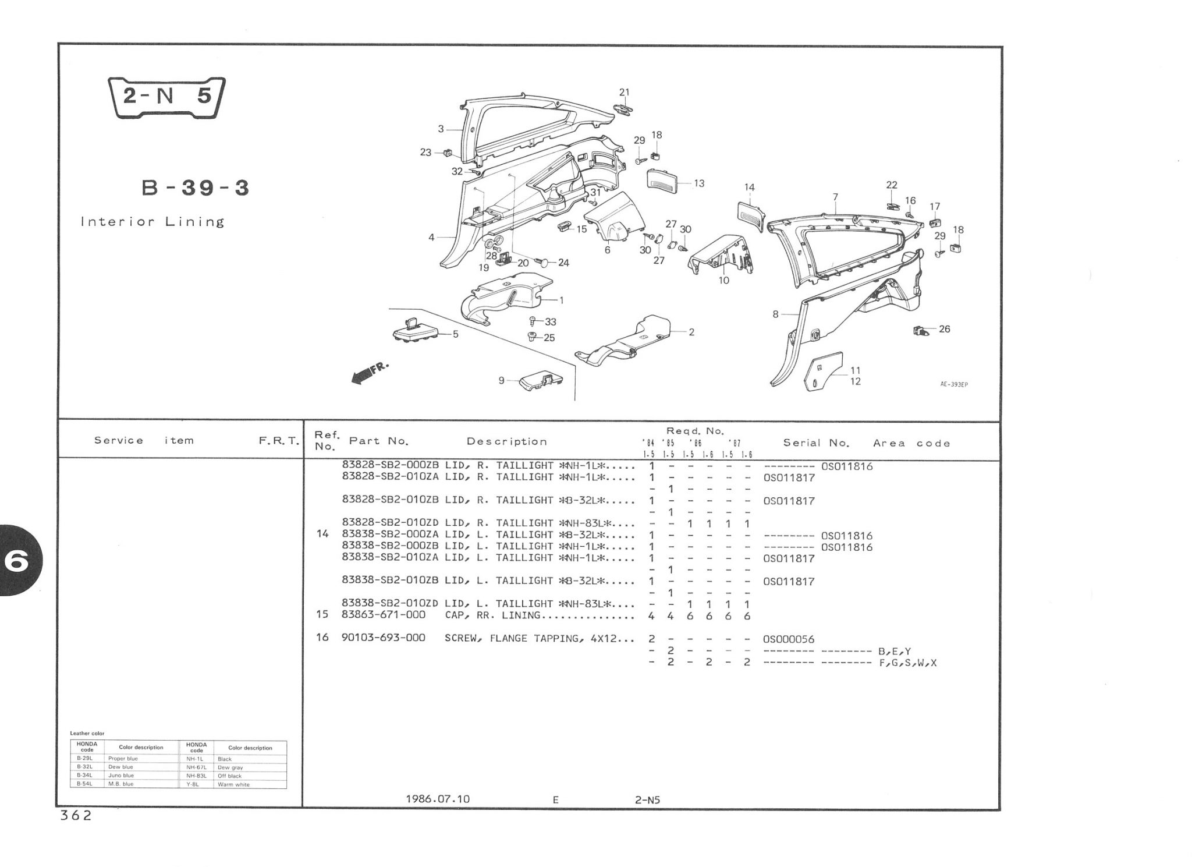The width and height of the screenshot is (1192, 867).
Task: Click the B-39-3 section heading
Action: pyautogui.click(x=196, y=188)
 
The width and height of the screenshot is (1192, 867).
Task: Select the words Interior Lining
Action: pyautogui.click(x=152, y=222)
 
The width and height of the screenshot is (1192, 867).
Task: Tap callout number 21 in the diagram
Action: pyautogui.click(x=624, y=92)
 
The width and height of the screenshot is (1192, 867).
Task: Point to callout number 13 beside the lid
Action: pyautogui.click(x=699, y=183)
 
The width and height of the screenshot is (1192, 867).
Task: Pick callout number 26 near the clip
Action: pyautogui.click(x=944, y=329)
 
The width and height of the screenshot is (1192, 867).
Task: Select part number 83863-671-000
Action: pyautogui.click(x=384, y=615)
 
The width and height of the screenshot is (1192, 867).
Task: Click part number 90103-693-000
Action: pyautogui.click(x=384, y=638)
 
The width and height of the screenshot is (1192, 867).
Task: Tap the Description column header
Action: pyautogui.click(x=506, y=441)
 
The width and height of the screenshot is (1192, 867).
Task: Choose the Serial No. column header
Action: pyautogui.click(x=816, y=443)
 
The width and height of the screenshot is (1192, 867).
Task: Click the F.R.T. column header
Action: pyautogui.click(x=278, y=441)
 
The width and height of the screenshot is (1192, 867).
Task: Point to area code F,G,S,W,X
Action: pyautogui.click(x=907, y=663)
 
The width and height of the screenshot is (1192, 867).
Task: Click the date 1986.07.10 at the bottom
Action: pyautogui.click(x=438, y=799)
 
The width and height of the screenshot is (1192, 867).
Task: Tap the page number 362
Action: pyautogui.click(x=76, y=816)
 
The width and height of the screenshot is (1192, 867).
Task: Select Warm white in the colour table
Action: pyautogui.click(x=233, y=784)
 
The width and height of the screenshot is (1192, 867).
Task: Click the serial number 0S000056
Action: pyautogui.click(x=789, y=639)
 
